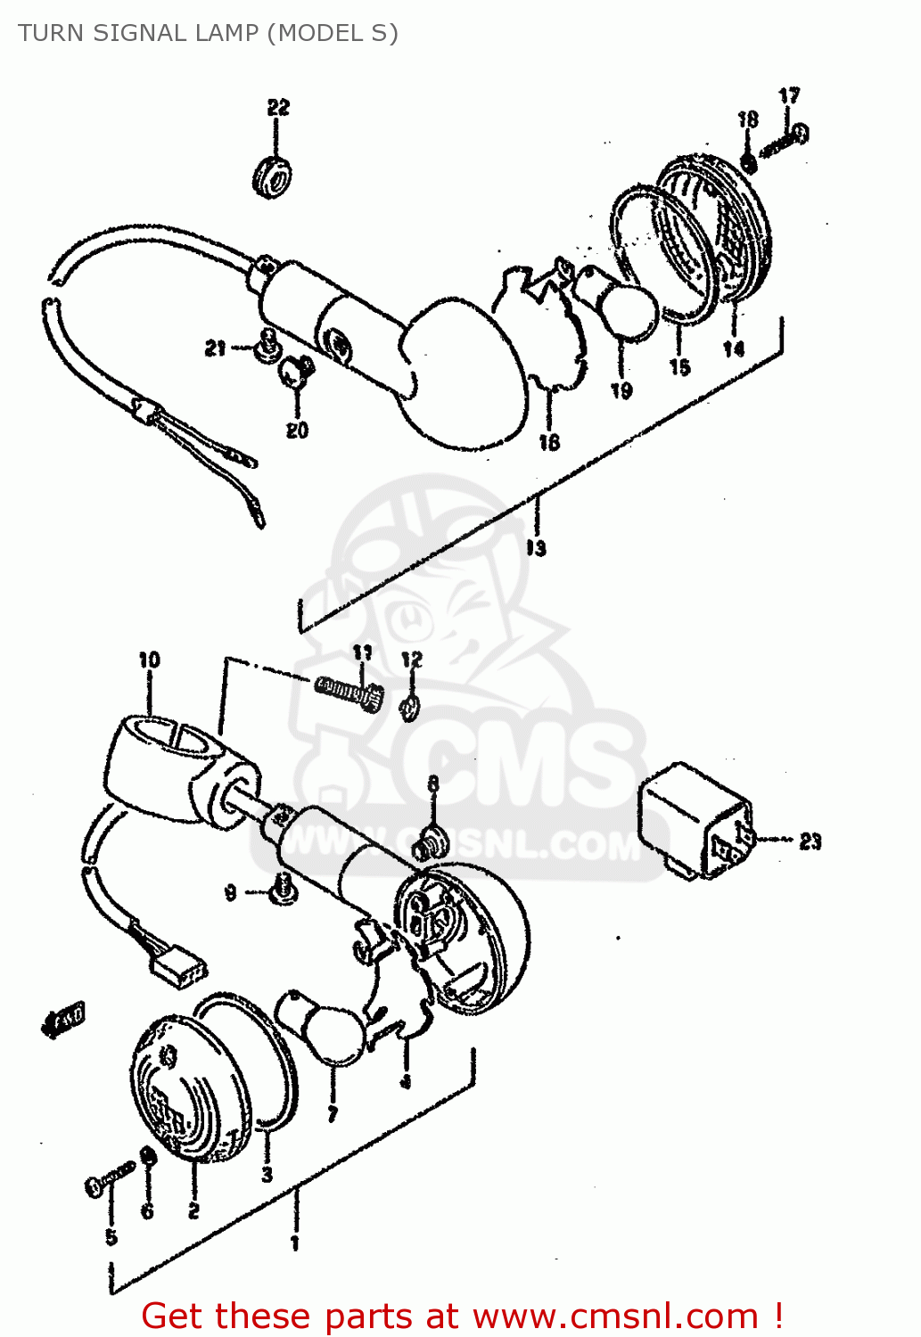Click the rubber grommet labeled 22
273,176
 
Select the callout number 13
536,548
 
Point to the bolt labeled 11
349,691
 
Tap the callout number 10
149,660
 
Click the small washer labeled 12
410,708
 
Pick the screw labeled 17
784,140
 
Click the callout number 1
295,1242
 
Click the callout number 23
810,841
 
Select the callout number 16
549,440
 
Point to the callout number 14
734,349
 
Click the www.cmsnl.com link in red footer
614,1316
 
